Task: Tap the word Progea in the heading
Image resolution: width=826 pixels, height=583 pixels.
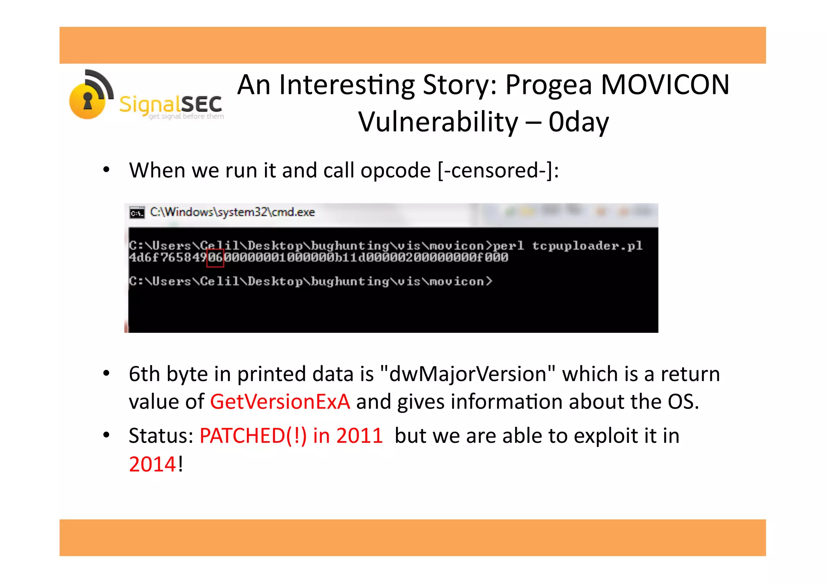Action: coord(549,86)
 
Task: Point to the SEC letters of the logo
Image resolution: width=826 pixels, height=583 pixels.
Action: coord(201,104)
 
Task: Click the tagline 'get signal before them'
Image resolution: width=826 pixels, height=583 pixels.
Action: coord(186,116)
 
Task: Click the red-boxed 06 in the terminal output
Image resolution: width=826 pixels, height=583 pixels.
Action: coord(215,257)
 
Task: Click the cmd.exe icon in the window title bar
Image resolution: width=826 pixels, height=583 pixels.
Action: coord(137,213)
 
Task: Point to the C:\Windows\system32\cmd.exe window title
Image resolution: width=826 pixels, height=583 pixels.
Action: coord(232,212)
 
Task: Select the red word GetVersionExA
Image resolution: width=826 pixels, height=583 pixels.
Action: coord(280,402)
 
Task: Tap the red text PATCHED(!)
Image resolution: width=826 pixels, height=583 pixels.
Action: coord(253,436)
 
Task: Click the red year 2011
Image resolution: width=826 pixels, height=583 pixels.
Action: coord(359,436)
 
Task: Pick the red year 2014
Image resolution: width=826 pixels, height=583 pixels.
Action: coord(152,464)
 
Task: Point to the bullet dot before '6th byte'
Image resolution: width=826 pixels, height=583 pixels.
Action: coord(106,373)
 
